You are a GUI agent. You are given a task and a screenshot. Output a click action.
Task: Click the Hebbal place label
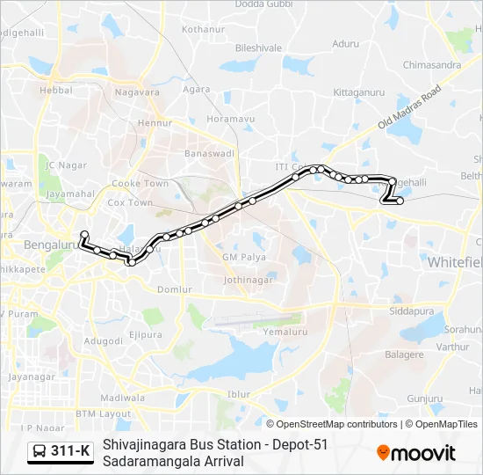(55, 90)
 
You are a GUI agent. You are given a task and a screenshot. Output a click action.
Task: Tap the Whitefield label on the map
(456, 262)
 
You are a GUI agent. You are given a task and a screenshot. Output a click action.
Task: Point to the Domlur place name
(175, 289)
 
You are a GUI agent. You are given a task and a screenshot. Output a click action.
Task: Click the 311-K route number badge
(70, 451)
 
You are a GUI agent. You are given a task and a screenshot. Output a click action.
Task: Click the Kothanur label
(203, 29)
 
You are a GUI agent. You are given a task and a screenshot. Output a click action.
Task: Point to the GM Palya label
(243, 257)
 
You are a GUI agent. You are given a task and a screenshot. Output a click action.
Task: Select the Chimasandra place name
(431, 64)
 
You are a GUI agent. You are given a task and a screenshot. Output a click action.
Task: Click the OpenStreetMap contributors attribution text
(332, 424)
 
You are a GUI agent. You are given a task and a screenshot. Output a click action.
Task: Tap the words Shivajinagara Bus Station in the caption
(181, 444)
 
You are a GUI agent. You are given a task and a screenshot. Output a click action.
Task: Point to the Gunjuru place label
(425, 398)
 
